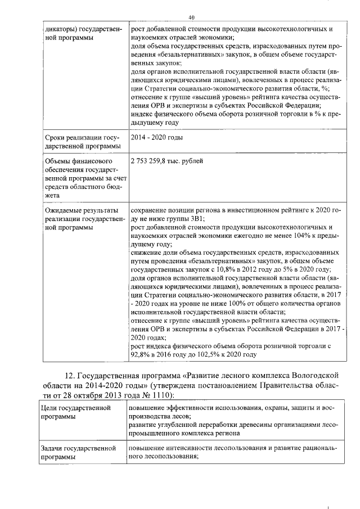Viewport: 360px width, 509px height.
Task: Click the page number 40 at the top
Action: click(x=191, y=18)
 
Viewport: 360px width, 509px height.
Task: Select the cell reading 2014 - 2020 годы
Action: click(x=156, y=137)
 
